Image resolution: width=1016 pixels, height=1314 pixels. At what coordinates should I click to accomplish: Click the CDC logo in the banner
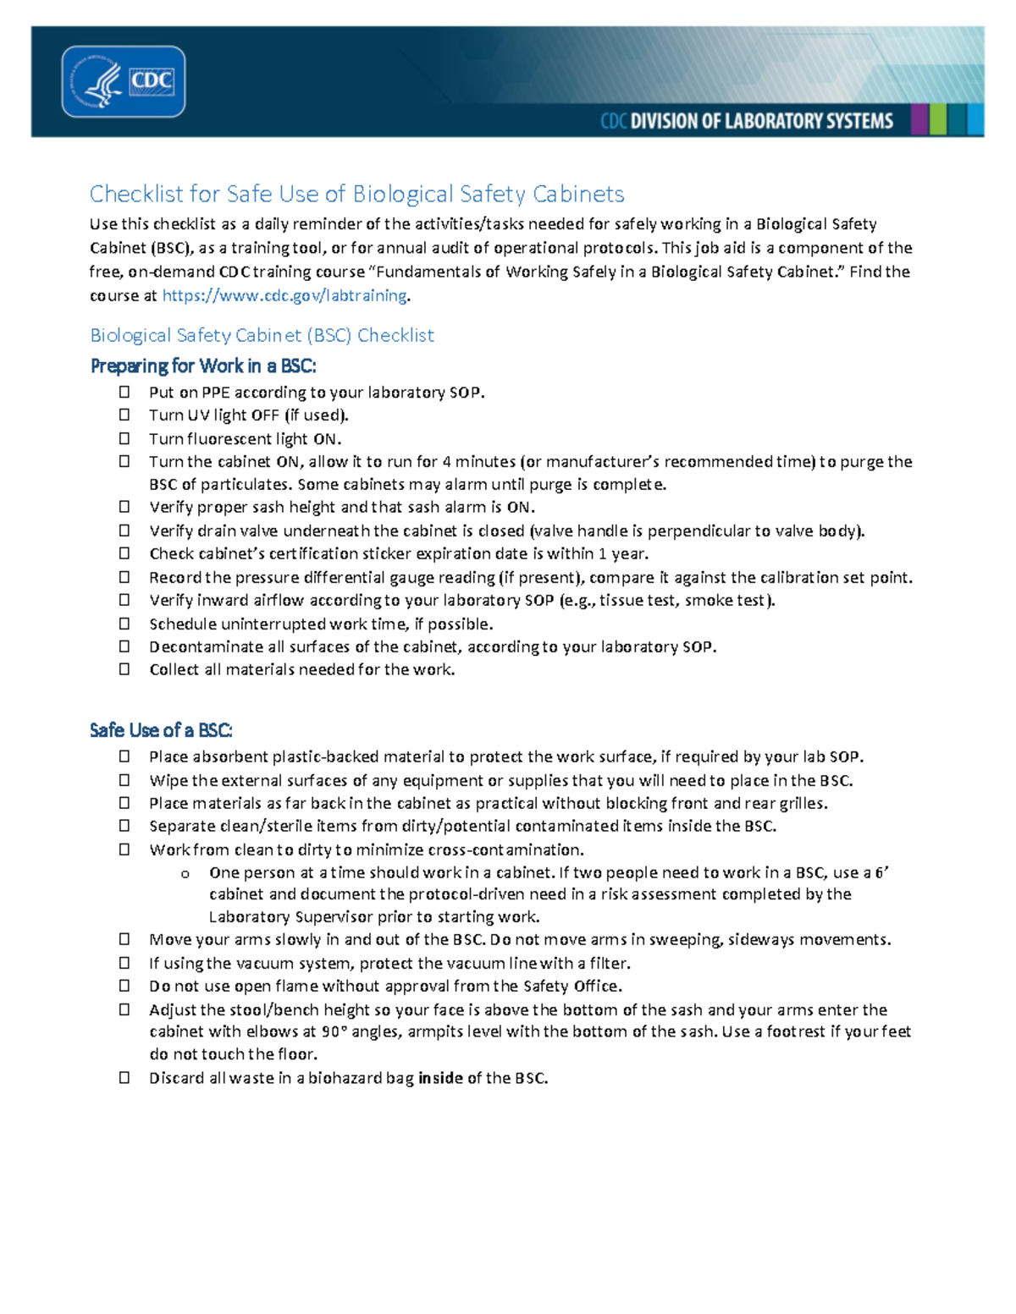(x=124, y=82)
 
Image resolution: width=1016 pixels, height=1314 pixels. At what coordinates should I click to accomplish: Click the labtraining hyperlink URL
(x=284, y=295)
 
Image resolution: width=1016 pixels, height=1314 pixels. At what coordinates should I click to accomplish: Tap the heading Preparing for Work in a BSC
(x=203, y=366)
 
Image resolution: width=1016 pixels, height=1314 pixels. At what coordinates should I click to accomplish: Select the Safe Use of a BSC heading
(x=161, y=730)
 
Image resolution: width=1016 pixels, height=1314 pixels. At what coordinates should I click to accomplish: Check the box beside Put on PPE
(x=124, y=392)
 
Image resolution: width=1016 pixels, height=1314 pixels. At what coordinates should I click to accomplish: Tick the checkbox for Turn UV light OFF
(x=124, y=415)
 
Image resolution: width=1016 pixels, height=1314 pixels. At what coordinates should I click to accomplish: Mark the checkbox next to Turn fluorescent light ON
(x=124, y=438)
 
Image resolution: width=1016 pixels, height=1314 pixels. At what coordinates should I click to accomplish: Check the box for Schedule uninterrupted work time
(x=124, y=624)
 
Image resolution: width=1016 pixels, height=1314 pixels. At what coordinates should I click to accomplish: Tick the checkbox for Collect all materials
(x=124, y=669)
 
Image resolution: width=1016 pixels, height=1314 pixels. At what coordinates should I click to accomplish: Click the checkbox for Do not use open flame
(x=124, y=986)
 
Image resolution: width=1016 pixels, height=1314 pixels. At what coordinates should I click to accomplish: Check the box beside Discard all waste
(x=124, y=1078)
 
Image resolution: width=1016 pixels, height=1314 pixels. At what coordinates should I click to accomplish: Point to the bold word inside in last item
(x=440, y=1078)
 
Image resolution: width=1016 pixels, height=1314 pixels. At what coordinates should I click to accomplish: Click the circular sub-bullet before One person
(x=185, y=874)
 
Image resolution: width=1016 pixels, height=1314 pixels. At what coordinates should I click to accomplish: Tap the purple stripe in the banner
(x=919, y=120)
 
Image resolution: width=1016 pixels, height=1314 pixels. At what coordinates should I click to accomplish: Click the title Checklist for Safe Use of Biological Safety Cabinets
(x=356, y=194)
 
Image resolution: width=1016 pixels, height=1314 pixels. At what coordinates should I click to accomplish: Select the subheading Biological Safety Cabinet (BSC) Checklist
(x=262, y=335)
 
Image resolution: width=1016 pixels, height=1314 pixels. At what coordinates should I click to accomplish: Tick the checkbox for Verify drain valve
(x=124, y=531)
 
